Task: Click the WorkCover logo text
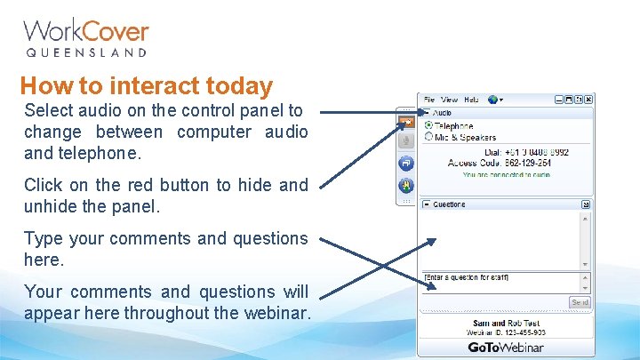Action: point(85,32)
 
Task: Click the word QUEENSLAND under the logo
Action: point(85,53)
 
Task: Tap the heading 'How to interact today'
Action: point(146,86)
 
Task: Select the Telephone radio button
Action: point(428,126)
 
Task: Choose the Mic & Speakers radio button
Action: point(428,138)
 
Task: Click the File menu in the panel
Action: point(428,100)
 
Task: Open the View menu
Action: point(449,100)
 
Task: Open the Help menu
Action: point(471,100)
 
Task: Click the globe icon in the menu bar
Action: point(492,100)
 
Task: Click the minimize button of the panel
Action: point(560,100)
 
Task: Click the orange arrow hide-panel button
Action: point(405,120)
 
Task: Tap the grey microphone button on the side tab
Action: point(405,140)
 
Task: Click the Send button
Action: point(580,302)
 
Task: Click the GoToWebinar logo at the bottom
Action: point(506,347)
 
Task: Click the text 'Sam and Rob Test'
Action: point(506,324)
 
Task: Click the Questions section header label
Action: point(449,204)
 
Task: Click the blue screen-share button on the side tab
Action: point(405,163)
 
